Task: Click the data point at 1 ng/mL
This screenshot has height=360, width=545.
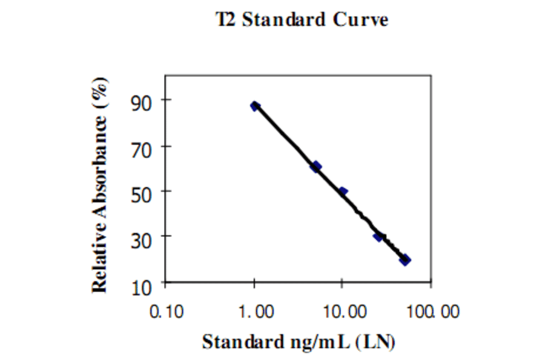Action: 255,106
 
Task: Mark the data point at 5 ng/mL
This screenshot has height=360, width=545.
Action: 316,166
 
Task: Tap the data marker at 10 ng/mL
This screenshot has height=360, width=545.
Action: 343,192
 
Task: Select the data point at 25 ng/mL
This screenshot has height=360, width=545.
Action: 378,236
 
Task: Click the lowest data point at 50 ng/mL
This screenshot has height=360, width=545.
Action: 405,259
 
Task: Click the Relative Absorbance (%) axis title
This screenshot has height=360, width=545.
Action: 101,185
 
